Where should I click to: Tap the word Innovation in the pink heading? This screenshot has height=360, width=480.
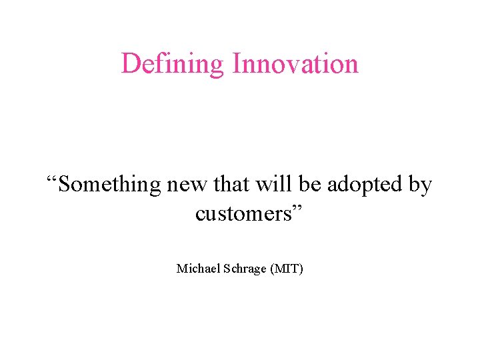point(295,63)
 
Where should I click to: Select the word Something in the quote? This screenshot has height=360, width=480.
point(109,184)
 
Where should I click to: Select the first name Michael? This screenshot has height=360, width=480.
point(197,269)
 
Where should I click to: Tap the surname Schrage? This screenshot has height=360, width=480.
point(243,269)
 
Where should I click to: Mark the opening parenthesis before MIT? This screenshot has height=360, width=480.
point(272,269)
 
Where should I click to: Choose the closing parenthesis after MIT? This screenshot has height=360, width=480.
point(301,269)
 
